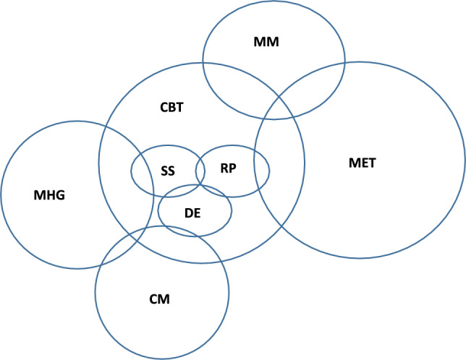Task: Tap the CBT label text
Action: (x=172, y=107)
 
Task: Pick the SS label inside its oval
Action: (x=167, y=171)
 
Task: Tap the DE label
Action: (x=192, y=213)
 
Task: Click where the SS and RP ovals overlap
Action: (x=200, y=171)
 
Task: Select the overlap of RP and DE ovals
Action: (x=214, y=191)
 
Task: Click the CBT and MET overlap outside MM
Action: (x=279, y=166)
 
